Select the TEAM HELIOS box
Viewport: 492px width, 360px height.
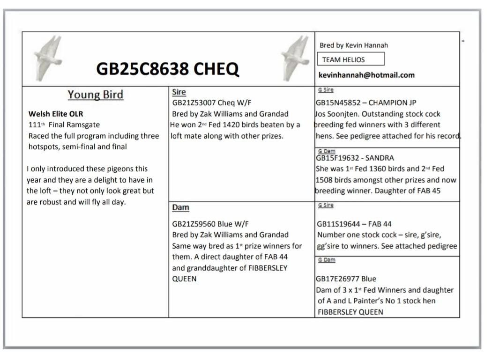coord(350,59)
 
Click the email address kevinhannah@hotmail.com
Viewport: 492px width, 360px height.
coord(366,75)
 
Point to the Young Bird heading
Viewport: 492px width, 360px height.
coord(95,94)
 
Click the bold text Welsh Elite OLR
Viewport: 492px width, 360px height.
coord(56,114)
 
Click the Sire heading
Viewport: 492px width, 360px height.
coord(179,92)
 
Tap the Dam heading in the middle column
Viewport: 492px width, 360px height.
coord(181,207)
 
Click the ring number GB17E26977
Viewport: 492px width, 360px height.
coord(338,279)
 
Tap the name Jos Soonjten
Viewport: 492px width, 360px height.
coord(338,114)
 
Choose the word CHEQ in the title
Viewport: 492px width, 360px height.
coord(216,69)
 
